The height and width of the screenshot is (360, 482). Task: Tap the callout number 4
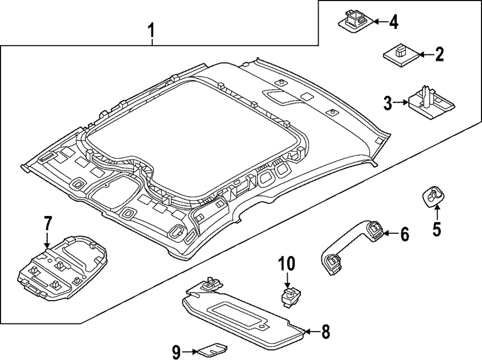click(x=394, y=23)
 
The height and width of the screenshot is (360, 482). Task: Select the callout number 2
click(x=439, y=55)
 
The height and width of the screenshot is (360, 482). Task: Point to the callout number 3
click(x=388, y=103)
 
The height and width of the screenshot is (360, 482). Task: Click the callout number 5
click(x=437, y=229)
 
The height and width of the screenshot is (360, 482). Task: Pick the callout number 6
click(x=405, y=234)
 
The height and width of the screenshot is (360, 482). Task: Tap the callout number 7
click(x=47, y=224)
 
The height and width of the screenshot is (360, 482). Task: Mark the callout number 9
click(x=176, y=352)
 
